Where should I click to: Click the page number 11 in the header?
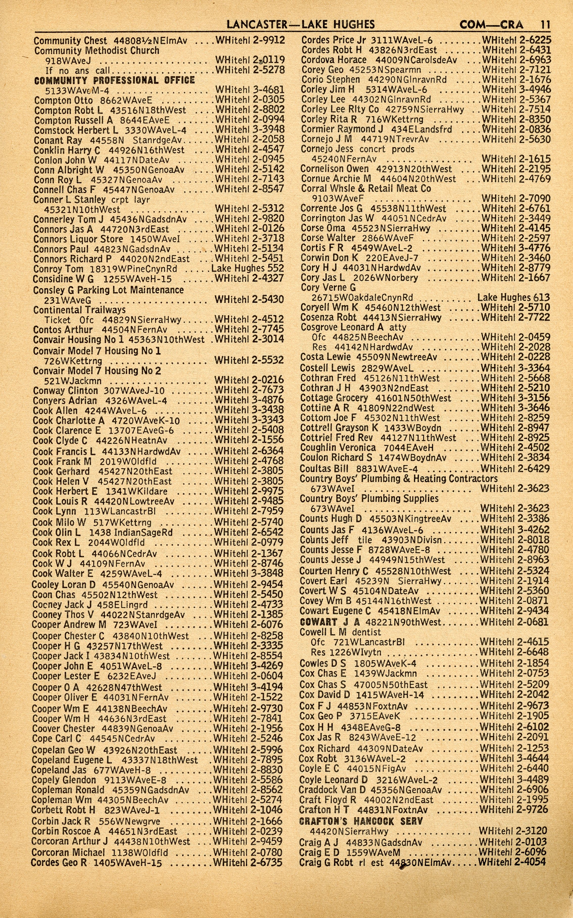point(545,25)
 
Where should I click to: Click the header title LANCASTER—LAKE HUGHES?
point(301,25)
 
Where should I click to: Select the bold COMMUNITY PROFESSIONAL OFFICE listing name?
point(114,80)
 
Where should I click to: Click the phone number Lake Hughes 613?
point(513,298)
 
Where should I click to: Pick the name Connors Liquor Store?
point(78,239)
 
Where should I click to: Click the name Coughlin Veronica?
point(338,448)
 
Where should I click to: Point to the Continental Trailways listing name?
point(79,310)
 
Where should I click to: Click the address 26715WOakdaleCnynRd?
point(362,298)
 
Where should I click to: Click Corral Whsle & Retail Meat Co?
point(366,189)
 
